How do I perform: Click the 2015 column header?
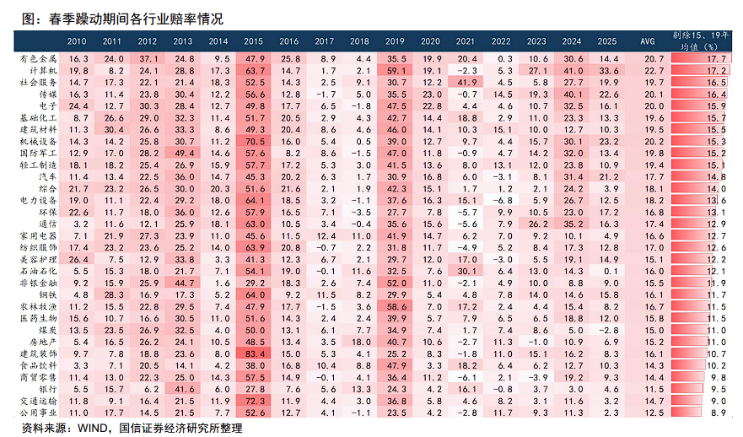(x=253, y=41)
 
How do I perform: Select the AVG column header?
(x=648, y=41)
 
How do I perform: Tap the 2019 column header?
(x=395, y=41)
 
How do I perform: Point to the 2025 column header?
(x=606, y=41)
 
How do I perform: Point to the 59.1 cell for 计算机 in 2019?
(x=396, y=70)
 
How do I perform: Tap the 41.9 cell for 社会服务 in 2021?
(x=466, y=82)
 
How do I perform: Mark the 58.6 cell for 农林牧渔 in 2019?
(x=396, y=306)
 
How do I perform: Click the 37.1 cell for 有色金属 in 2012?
(x=148, y=58)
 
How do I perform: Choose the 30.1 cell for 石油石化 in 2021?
(x=466, y=271)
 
